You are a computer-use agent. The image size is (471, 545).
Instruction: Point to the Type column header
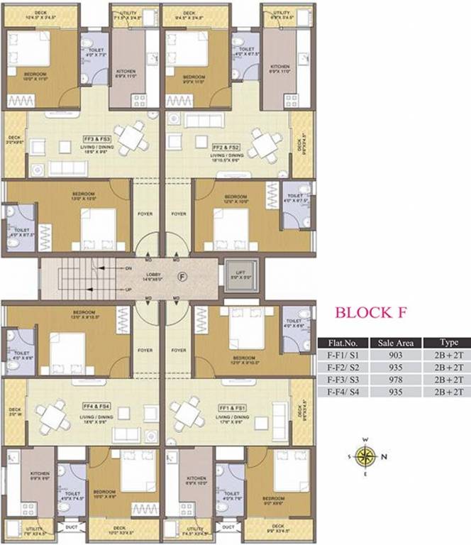pyautogui.click(x=449, y=342)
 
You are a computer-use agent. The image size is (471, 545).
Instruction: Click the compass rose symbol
pyautogui.click(x=366, y=457)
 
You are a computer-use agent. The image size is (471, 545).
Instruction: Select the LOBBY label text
pyautogui.click(x=153, y=274)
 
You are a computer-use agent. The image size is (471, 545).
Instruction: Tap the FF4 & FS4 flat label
pyautogui.click(x=94, y=407)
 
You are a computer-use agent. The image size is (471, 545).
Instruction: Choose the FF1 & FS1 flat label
pyautogui.click(x=232, y=408)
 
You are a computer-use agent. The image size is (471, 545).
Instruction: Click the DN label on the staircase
pyautogui.click(x=128, y=268)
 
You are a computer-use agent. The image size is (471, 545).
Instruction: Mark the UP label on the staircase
pyautogui.click(x=128, y=290)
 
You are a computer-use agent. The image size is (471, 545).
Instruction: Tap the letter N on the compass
pyautogui.click(x=384, y=457)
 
